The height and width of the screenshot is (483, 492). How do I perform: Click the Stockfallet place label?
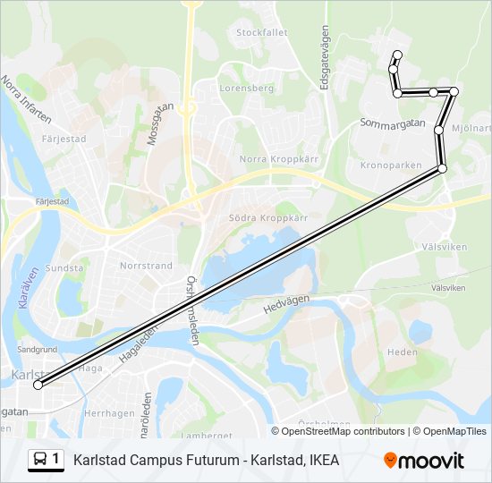262,32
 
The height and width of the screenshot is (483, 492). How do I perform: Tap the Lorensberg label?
246,89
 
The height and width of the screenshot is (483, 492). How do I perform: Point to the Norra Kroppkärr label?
267,159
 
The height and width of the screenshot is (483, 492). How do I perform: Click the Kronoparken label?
390,165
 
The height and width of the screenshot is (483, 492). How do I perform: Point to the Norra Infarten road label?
27,97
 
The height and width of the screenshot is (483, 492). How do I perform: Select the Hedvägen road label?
285,305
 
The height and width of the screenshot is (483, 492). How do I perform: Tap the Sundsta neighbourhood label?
64,267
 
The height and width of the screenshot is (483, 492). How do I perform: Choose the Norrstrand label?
146,266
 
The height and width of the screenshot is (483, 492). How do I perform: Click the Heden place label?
403,352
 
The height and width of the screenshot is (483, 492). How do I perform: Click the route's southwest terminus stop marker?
38,385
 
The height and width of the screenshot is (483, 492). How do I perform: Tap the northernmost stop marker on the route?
397,55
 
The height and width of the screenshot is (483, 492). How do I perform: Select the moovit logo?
424,461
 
